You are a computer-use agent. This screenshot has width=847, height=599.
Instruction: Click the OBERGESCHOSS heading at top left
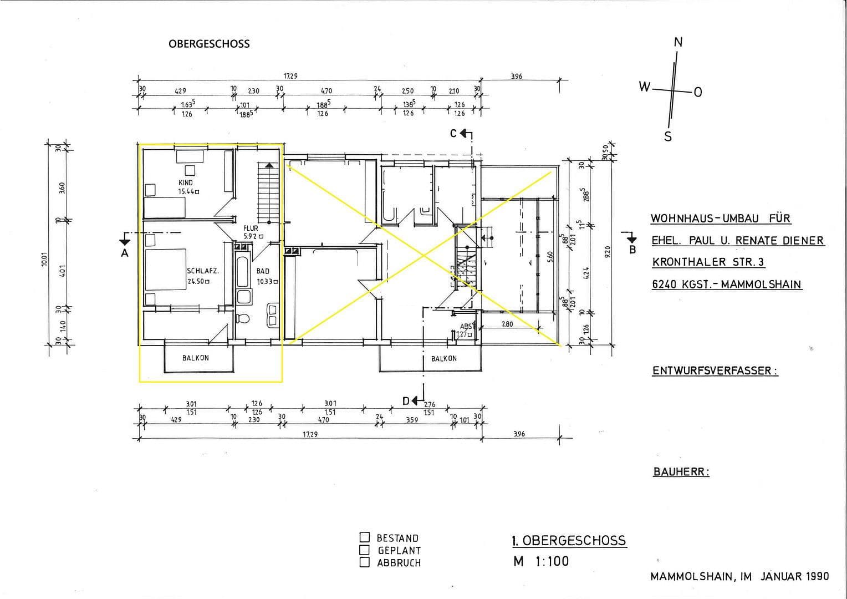pyautogui.click(x=209, y=44)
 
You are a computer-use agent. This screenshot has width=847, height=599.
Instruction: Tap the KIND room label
pyautogui.click(x=186, y=182)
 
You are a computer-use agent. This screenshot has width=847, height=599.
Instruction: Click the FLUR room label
pyautogui.click(x=251, y=228)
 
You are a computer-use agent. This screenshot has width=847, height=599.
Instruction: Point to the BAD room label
pyautogui.click(x=263, y=271)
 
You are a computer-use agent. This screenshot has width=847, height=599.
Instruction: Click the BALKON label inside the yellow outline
pyautogui.click(x=196, y=358)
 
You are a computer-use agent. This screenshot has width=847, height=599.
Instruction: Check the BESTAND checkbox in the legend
pyautogui.click(x=365, y=537)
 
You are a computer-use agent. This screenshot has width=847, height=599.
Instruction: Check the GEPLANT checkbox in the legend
pyautogui.click(x=365, y=550)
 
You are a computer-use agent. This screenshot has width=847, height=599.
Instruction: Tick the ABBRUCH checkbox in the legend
pyautogui.click(x=365, y=562)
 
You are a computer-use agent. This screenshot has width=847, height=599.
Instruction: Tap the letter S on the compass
pyautogui.click(x=668, y=136)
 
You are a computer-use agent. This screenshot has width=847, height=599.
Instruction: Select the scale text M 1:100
pyautogui.click(x=541, y=561)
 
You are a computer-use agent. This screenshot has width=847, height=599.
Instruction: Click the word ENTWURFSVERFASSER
pyautogui.click(x=715, y=371)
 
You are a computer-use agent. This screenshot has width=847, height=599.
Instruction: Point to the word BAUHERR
pyautogui.click(x=681, y=472)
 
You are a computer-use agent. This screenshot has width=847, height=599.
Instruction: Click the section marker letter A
pyautogui.click(x=125, y=253)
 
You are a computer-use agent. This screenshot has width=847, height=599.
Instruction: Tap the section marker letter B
pyautogui.click(x=632, y=250)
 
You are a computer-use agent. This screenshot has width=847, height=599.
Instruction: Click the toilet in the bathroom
pyautogui.click(x=242, y=318)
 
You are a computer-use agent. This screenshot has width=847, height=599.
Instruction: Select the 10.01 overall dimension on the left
pyautogui.click(x=44, y=259)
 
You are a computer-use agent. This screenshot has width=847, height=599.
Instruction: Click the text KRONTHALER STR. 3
pyautogui.click(x=708, y=262)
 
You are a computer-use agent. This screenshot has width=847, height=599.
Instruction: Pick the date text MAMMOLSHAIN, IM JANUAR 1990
pyautogui.click(x=739, y=576)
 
